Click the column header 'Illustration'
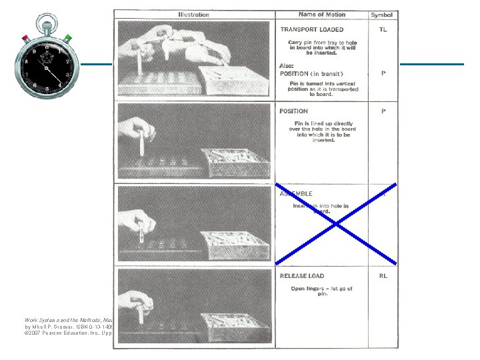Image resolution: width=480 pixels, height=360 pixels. click(193, 14)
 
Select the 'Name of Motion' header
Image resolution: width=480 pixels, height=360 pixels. click(321, 14)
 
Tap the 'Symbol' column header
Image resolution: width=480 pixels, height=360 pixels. click(382, 15)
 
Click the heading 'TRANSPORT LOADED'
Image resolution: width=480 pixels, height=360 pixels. click(312, 29)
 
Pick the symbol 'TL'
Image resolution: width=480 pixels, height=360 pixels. click(383, 29)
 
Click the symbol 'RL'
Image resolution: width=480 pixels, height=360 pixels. click(383, 275)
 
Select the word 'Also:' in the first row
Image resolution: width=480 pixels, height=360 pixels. click(287, 66)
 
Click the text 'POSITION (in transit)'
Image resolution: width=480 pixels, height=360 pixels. click(311, 73)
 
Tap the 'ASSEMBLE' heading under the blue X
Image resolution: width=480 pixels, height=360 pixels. click(296, 194)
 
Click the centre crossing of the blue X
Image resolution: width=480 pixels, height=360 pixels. click(336, 223)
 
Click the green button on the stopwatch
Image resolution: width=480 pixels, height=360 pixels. click(68, 39)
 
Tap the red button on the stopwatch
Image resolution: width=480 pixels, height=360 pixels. click(25, 39)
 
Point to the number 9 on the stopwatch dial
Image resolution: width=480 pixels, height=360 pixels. click(34, 51)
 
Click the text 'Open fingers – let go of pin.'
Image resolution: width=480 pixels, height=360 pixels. click(321, 291)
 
